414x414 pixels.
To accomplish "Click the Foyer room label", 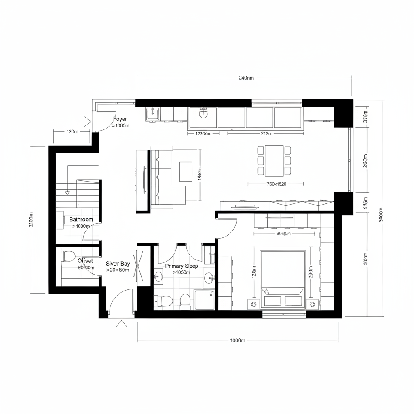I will click(x=120, y=119).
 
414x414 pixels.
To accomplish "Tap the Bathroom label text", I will click(x=81, y=220).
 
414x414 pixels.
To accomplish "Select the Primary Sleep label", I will click(x=182, y=266).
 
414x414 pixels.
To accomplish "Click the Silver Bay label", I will click(x=118, y=264).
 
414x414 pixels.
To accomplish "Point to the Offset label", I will click(x=85, y=261).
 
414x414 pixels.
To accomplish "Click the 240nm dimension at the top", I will click(x=246, y=78).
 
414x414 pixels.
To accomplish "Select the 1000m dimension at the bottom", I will click(x=238, y=340).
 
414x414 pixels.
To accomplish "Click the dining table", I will click(x=275, y=161).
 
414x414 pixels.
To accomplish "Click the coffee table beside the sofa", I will click(x=186, y=171).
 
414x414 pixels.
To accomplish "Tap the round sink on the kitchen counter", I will click(x=203, y=114).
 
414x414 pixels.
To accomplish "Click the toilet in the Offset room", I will click(x=69, y=256).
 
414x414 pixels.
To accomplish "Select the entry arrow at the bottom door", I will click(x=121, y=323).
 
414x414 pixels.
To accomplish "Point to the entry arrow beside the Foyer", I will click(x=87, y=121).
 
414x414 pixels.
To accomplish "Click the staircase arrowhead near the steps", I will click(x=68, y=193).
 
